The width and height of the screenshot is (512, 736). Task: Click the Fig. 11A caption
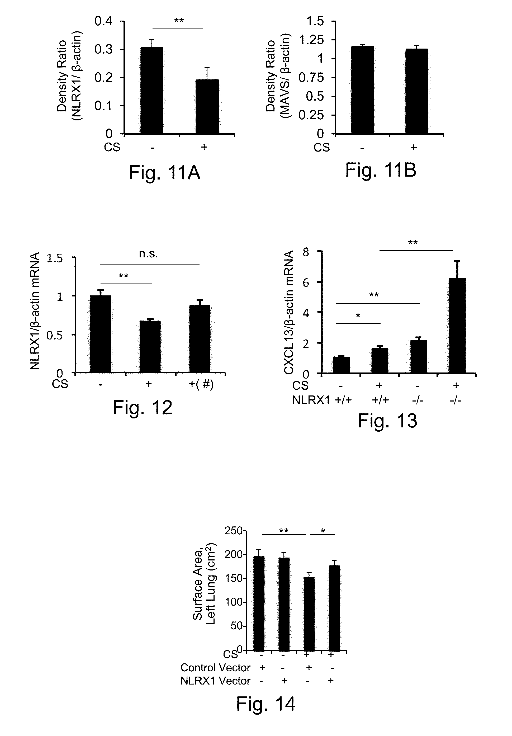click(x=164, y=173)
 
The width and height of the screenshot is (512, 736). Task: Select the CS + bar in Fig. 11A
click(x=207, y=106)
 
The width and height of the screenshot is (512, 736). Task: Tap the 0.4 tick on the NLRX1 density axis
click(x=103, y=21)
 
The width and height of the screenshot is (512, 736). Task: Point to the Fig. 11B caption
click(x=380, y=170)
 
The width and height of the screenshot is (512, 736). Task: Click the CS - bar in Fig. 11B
click(x=362, y=90)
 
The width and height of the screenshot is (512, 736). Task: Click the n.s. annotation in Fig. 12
click(x=148, y=254)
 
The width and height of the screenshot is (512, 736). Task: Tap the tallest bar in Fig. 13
click(x=457, y=325)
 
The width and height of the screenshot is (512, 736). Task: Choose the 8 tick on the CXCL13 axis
click(x=306, y=252)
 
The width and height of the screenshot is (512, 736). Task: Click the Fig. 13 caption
click(x=387, y=421)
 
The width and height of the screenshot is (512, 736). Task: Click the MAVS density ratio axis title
click(x=277, y=76)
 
